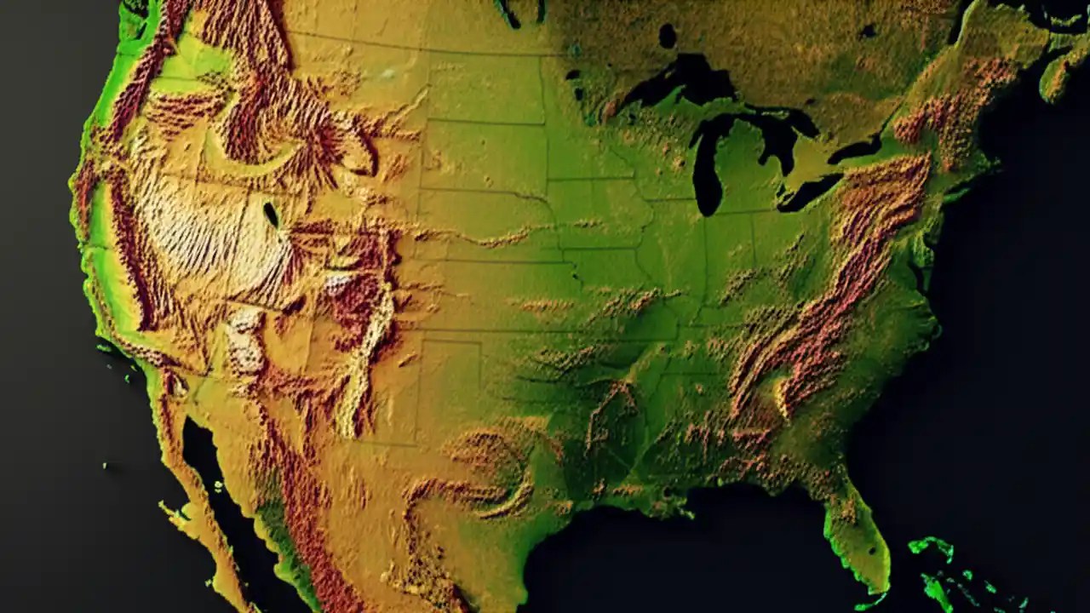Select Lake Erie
[809, 194]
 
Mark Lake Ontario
[856, 152]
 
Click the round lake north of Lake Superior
[667, 36]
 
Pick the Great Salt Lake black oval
[271, 214]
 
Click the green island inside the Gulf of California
[216, 487]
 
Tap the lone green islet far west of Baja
[106, 466]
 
